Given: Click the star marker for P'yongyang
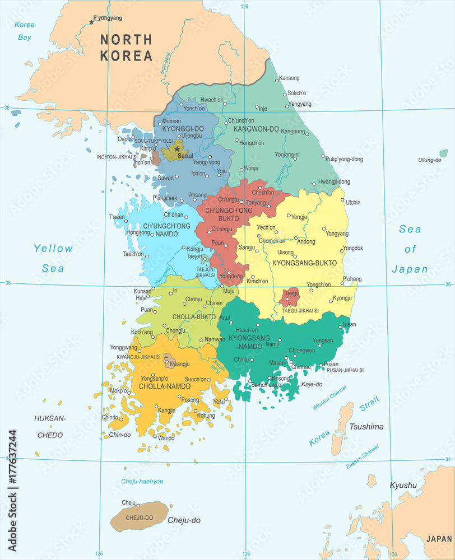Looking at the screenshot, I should pos(91,22).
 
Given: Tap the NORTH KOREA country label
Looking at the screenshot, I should pos(126,48).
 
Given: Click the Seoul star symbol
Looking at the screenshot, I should pos(177,149).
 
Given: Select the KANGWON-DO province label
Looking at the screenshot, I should pos(256,129).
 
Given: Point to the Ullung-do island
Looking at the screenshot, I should pos(443,153).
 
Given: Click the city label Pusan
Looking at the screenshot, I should pos(331,364).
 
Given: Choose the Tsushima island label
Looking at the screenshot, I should pos(366,427).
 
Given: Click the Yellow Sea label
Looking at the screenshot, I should pos(53,258).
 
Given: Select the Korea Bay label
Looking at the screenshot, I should pos(24,31).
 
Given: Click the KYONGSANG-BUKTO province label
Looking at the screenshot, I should pos(304,262).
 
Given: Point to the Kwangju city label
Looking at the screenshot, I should pos(179,364).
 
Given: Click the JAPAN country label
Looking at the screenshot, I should pos(438,539).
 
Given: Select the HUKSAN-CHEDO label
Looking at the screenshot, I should pos(50,426).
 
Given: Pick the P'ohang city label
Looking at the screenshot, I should pos(351,279).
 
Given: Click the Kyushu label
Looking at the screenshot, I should pos(403,485).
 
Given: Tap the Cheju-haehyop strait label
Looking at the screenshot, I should pos(142,482).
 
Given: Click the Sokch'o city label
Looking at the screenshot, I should pos(297,92).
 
